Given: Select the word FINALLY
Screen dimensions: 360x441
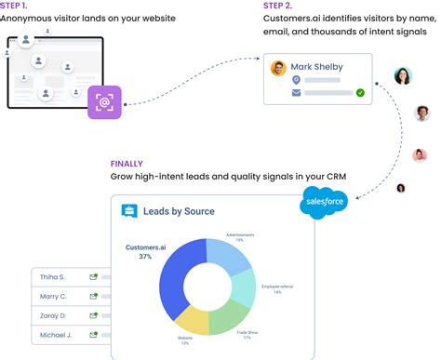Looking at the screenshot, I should coord(127,163).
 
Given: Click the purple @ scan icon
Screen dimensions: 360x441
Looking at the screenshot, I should coord(104,103).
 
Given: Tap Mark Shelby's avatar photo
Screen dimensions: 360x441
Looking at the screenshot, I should coord(277,68).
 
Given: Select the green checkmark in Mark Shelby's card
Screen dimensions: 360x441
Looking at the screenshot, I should coord(360,93).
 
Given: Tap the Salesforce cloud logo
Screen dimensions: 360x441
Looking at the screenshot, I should coord(324,203).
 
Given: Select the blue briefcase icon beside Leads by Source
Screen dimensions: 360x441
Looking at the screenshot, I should coord(129,211).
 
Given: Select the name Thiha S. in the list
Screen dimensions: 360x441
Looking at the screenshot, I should coord(52,277).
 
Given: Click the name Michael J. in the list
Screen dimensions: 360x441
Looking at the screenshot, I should coord(55,334).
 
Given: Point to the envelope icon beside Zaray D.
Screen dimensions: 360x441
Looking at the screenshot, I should coord(93,315).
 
